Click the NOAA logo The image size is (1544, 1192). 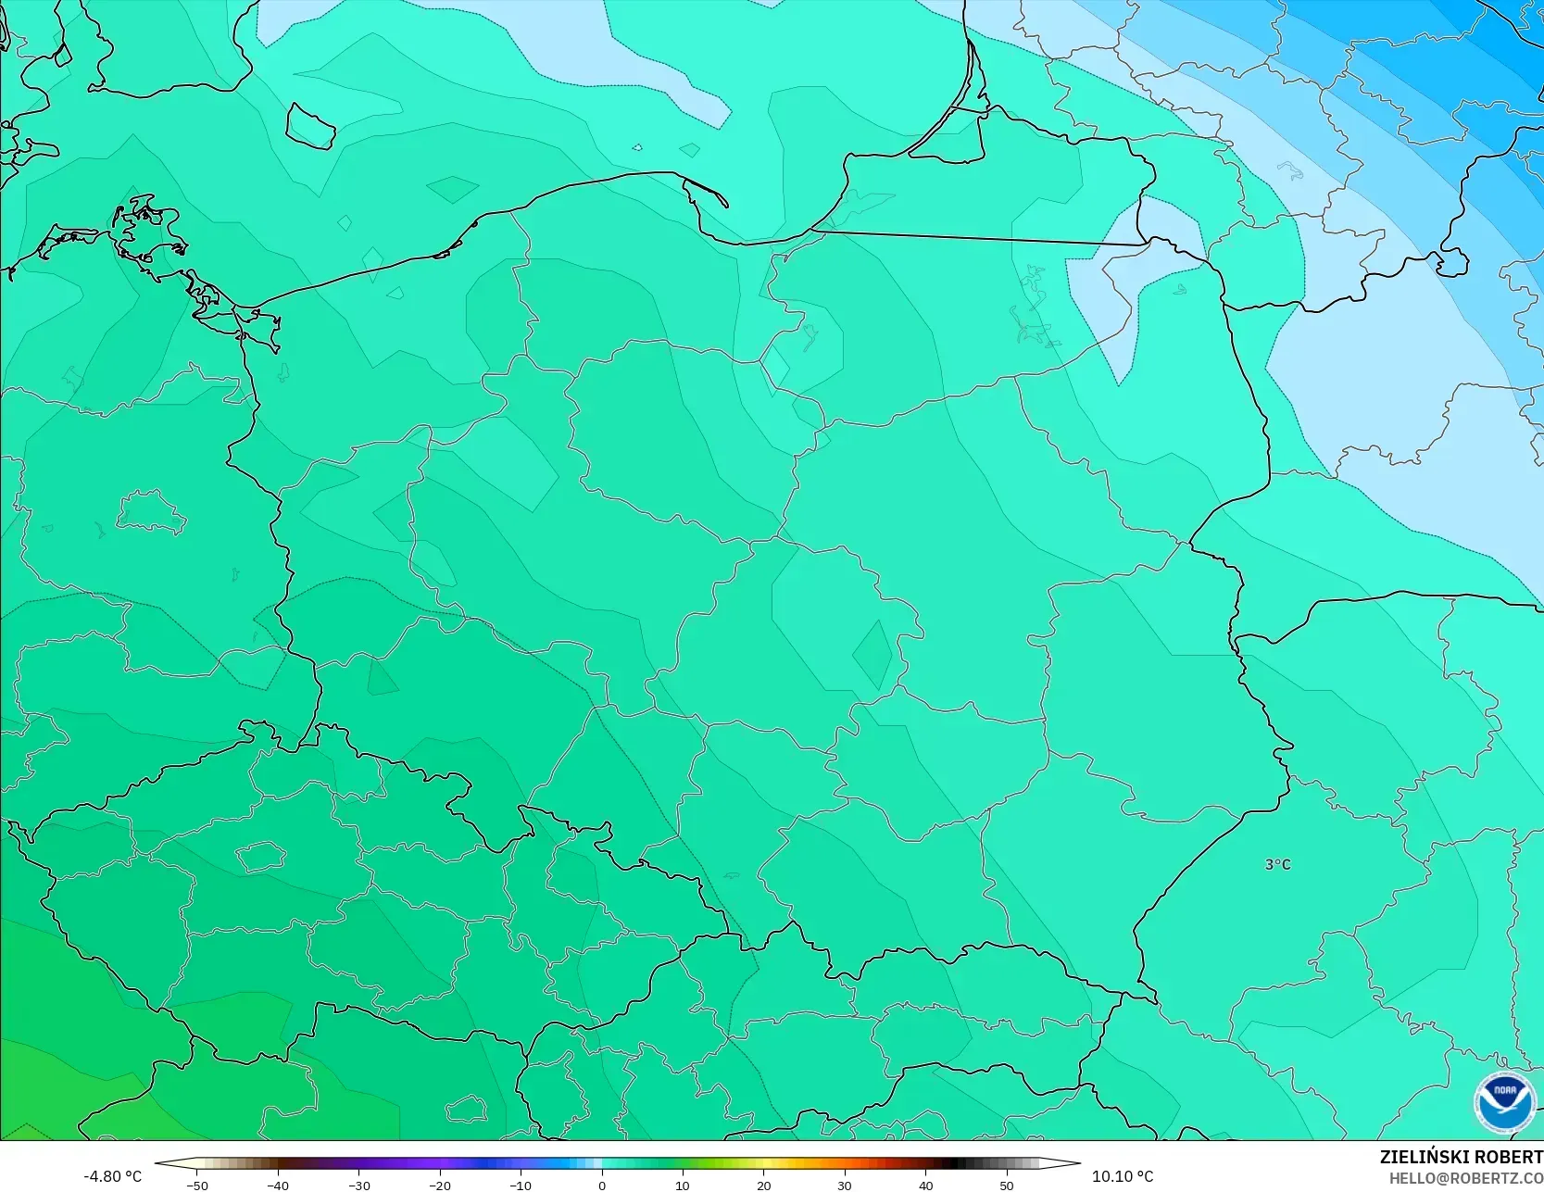coord(1504,1103)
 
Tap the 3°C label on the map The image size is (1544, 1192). coord(1277,864)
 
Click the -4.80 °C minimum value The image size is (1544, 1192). coord(112,1176)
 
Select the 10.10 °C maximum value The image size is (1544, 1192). coord(1123,1176)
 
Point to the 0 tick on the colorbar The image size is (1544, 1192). coord(601,1185)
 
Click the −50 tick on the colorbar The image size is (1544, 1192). coord(196,1185)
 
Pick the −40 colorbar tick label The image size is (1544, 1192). coord(277,1185)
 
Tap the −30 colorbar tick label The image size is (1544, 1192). coord(358,1185)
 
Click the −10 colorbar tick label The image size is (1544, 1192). coord(521,1185)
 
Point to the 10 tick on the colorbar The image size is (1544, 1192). coord(683,1185)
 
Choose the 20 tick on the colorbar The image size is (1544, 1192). coord(763,1185)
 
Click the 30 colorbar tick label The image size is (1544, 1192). coord(845,1185)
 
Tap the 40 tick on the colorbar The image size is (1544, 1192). coord(925,1185)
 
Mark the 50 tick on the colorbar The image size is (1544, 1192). coord(1007,1185)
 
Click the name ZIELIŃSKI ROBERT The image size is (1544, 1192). coord(1461,1157)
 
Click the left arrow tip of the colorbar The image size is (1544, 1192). coord(157,1162)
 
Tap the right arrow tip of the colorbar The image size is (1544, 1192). coord(1078,1162)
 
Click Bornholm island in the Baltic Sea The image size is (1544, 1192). coord(309,126)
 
